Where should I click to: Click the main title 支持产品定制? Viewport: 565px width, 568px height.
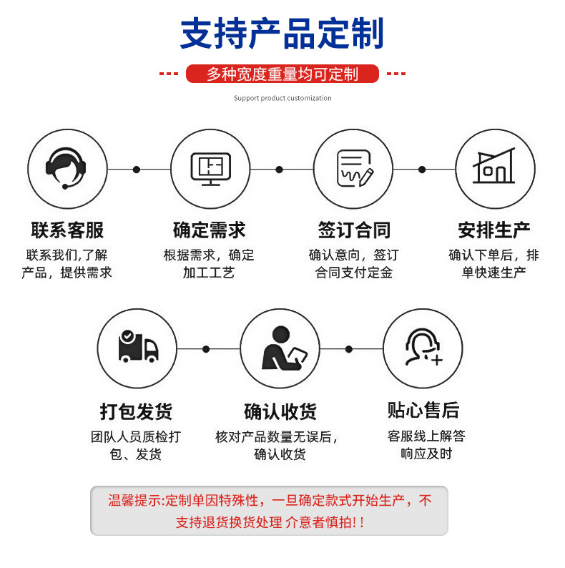(282, 34)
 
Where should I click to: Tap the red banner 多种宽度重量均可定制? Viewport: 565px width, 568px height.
(282, 74)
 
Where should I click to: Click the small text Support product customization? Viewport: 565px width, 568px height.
(282, 98)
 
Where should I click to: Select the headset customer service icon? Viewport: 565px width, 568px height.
(67, 169)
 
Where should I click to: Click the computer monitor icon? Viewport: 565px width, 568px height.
(210, 169)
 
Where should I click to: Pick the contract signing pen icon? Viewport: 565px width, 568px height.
(354, 169)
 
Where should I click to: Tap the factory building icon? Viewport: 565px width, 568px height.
(494, 169)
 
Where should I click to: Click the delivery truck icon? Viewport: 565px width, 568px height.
(137, 348)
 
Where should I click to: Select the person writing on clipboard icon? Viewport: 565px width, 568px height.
(281, 348)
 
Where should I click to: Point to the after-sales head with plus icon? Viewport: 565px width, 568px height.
(423, 348)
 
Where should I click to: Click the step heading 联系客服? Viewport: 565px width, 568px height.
(67, 230)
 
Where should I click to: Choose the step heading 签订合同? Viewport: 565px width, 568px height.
(354, 230)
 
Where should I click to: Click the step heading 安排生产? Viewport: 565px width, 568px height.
(494, 230)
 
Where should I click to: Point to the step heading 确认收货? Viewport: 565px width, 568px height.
(280, 412)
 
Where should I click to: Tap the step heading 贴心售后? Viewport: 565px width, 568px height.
(423, 411)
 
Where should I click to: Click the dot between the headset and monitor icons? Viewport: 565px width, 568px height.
(137, 170)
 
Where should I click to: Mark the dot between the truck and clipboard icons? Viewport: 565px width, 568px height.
(206, 349)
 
